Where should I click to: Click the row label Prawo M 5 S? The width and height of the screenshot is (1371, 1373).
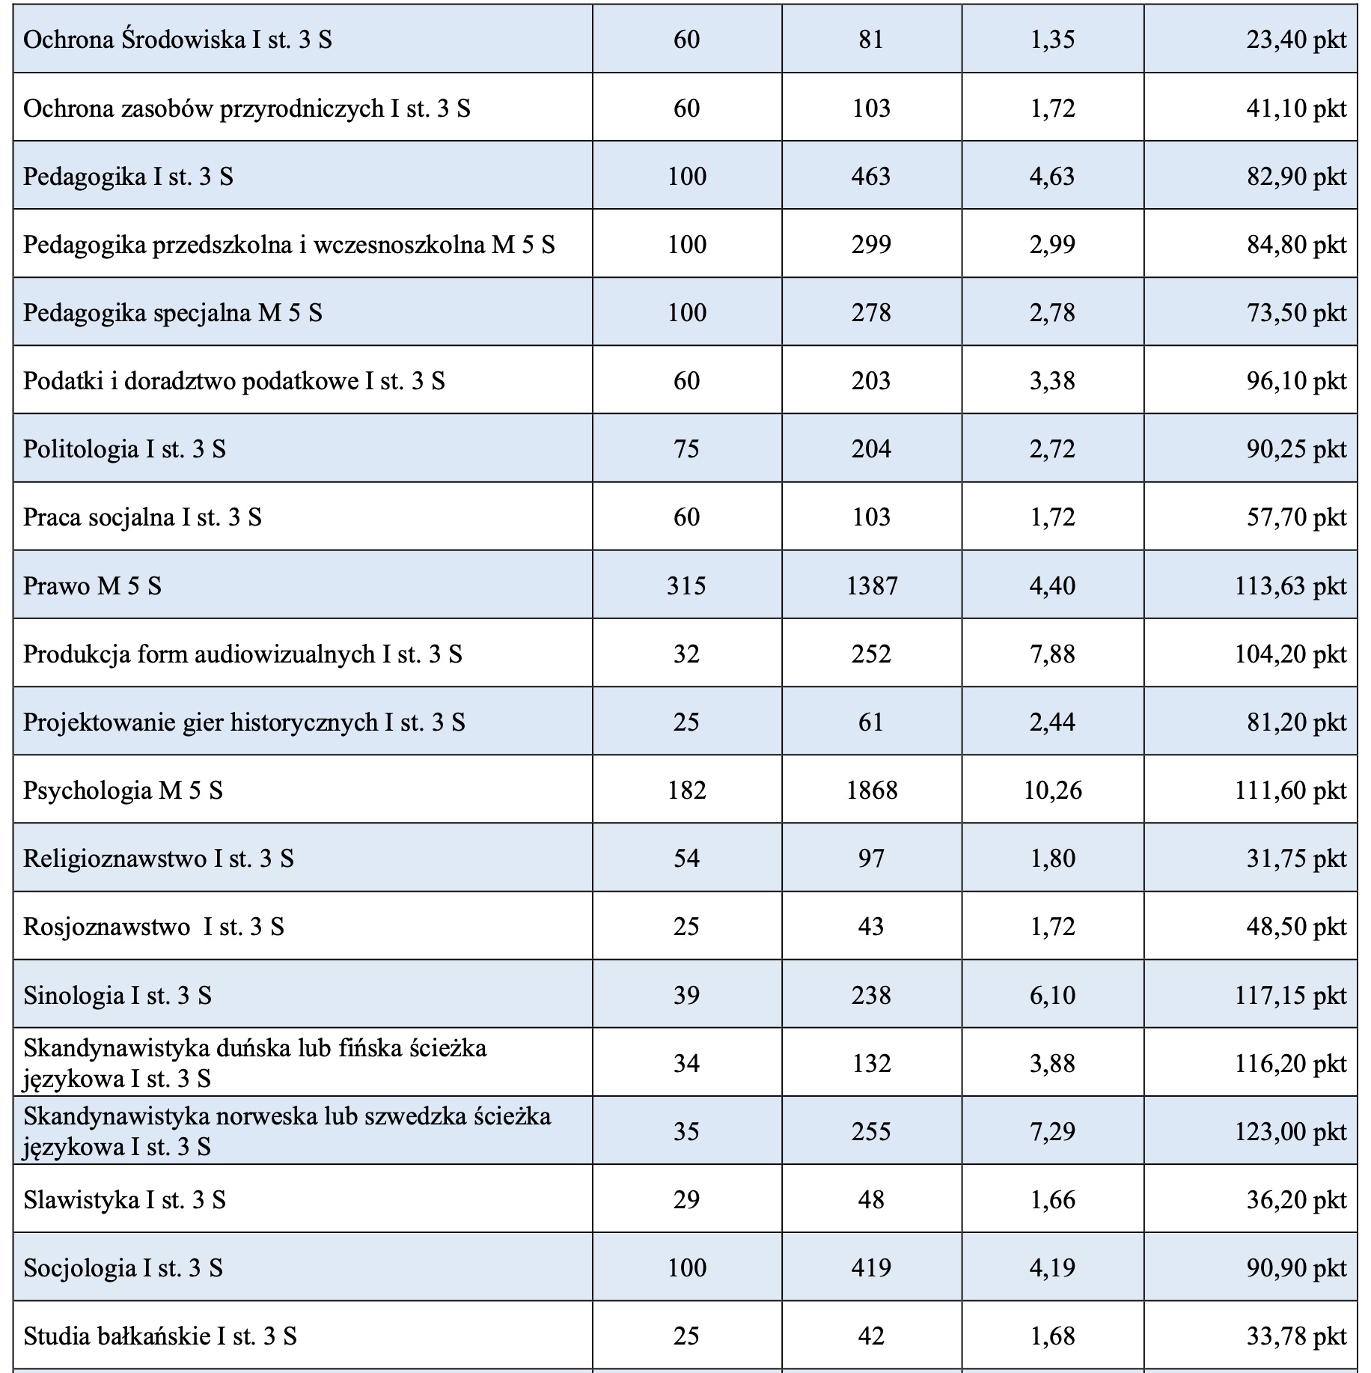[x=92, y=585]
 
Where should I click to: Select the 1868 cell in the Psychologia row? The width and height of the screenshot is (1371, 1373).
[x=871, y=790]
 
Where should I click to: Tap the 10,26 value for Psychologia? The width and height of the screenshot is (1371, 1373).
[x=1052, y=790]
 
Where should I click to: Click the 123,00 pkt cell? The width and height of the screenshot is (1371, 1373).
[x=1290, y=1130]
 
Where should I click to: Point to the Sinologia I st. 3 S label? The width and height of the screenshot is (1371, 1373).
[x=117, y=995]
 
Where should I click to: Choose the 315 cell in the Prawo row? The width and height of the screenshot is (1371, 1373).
[x=686, y=585]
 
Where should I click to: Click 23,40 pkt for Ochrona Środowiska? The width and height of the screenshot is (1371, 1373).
[x=1296, y=40]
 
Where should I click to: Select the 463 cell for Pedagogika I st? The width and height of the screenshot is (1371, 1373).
[x=871, y=176]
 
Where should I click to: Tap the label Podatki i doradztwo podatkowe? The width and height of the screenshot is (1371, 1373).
[x=233, y=381]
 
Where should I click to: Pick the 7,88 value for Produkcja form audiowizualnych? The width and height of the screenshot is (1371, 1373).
[x=1052, y=654]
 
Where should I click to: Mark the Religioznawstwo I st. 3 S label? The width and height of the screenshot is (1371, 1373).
[x=158, y=858]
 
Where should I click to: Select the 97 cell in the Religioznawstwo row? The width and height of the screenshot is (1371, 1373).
[x=871, y=858]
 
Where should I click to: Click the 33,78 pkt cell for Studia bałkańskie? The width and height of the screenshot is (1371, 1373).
[x=1296, y=1336]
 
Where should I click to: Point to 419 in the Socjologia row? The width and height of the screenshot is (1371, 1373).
[x=871, y=1267]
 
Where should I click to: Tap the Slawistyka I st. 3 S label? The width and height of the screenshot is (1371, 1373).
[x=124, y=1199]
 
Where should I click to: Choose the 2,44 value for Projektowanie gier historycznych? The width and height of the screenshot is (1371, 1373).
[x=1052, y=722]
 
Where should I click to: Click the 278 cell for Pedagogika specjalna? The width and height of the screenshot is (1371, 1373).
[x=871, y=312]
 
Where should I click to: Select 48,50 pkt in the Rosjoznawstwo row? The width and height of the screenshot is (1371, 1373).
[x=1296, y=927]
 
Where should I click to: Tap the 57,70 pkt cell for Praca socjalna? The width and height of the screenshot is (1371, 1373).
[x=1296, y=517]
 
